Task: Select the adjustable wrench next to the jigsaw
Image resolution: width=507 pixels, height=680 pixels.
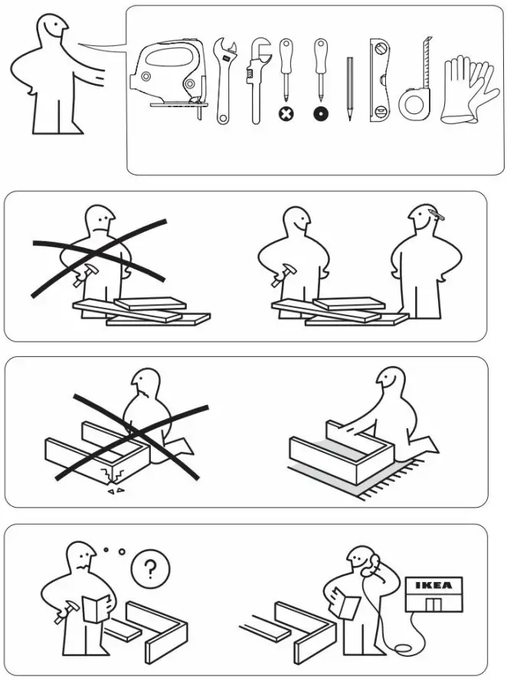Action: click(x=223, y=80)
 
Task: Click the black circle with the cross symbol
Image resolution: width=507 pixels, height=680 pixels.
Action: click(x=286, y=113)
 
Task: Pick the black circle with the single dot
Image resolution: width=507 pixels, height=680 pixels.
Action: click(x=319, y=113)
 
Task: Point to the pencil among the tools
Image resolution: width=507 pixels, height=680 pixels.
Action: click(x=348, y=88)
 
